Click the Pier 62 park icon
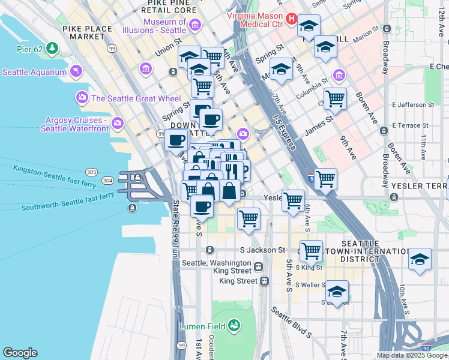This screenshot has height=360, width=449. point(53,47)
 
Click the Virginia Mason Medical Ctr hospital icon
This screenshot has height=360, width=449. point(291,19)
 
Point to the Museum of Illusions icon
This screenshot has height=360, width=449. point(195,25)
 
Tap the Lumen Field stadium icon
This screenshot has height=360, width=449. point(234,326)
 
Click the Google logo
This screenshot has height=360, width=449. point(20,353)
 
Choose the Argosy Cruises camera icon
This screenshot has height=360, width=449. point(118,123)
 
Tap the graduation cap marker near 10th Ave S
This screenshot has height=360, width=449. point(420,259)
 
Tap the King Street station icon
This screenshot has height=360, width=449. point(264,281)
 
